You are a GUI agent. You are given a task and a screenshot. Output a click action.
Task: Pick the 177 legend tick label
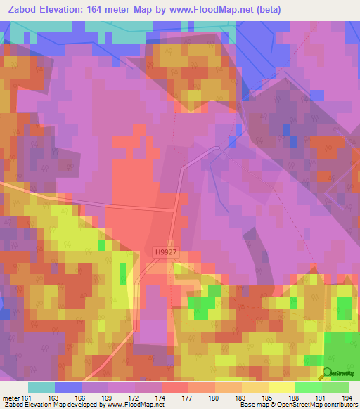(x=188, y=398)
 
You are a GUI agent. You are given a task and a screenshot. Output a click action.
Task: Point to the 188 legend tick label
(x=294, y=398)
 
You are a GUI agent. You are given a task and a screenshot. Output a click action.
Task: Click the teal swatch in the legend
(x=41, y=387)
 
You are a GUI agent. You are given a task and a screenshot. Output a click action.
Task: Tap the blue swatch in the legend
(x=68, y=387)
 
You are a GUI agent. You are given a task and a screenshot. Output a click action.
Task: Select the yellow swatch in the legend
(x=281, y=387)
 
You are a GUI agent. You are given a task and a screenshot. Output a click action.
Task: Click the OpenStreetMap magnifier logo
(x=327, y=373)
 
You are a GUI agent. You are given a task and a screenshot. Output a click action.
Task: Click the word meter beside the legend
(x=11, y=398)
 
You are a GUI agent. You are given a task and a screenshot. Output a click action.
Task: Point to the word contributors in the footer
(x=335, y=405)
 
